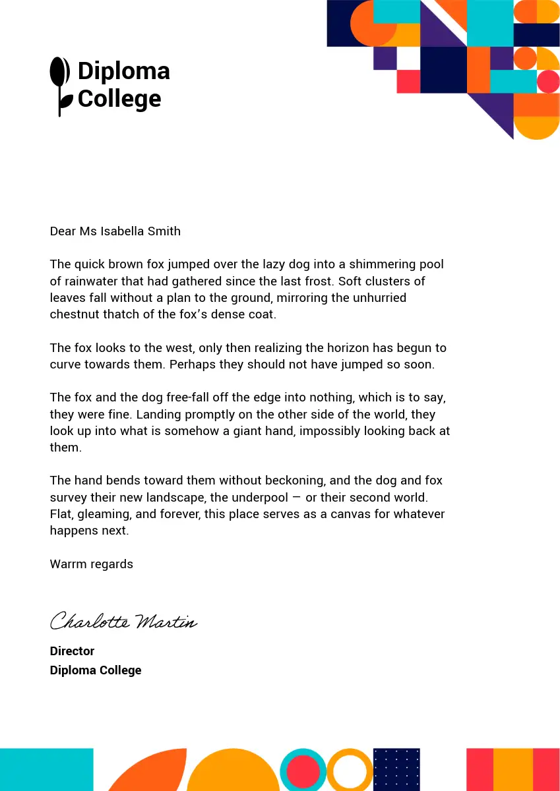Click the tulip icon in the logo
[60, 86]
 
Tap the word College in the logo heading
[119, 99]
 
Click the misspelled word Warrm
[68, 564]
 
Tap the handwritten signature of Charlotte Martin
[123, 621]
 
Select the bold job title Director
[72, 651]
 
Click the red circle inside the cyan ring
[303, 770]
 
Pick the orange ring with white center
[350, 770]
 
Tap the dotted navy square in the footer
[396, 769]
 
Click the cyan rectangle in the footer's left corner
[46, 769]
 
